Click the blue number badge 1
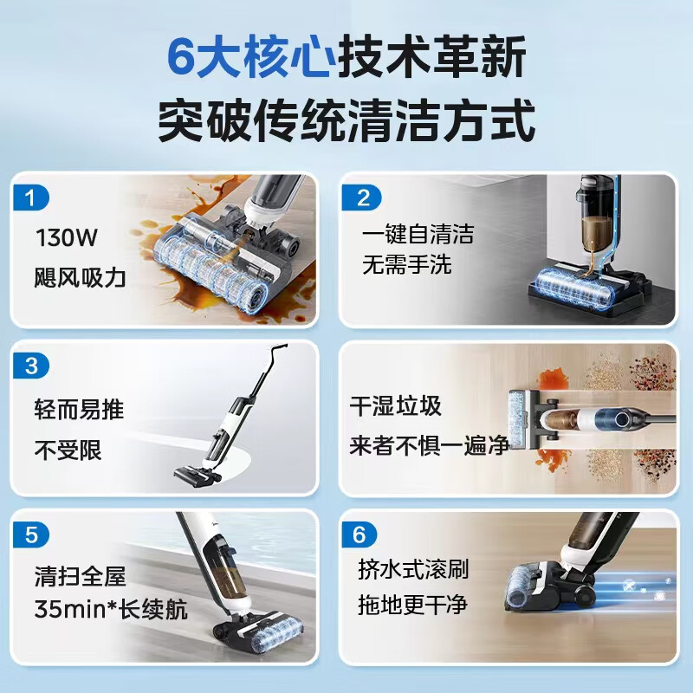tap(32, 198)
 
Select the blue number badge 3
tap(32, 366)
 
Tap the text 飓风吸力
tap(81, 277)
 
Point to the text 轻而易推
tap(79, 409)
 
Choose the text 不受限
tap(68, 450)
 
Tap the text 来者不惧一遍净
tap(429, 446)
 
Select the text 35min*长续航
tap(110, 609)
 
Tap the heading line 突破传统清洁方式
tap(346, 121)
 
